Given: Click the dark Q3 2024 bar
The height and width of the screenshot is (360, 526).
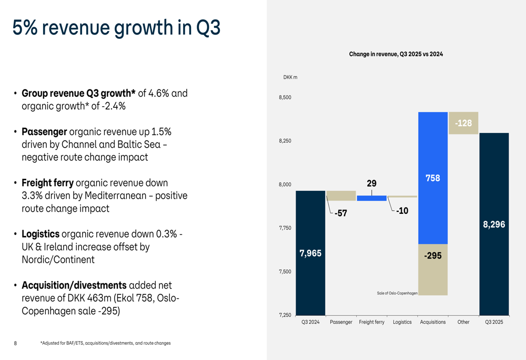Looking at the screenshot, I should click(310, 252).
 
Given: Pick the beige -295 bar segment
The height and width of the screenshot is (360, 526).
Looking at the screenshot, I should click(433, 270).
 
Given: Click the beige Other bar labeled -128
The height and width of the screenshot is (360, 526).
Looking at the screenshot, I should click(463, 123).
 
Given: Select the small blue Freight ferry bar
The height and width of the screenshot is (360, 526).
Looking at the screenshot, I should click(371, 198).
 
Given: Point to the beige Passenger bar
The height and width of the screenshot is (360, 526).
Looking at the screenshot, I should click(341, 196).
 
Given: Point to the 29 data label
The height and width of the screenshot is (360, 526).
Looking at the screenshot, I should click(371, 183).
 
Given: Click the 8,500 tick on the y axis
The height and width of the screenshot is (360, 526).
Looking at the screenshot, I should click(285, 98).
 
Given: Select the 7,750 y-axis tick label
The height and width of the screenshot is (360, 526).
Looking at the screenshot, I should click(285, 228).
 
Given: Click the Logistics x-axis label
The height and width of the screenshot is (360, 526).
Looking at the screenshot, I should click(402, 322).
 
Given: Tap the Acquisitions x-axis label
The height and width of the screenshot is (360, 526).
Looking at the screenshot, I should click(433, 322).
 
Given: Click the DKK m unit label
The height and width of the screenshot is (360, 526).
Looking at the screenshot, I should click(290, 78).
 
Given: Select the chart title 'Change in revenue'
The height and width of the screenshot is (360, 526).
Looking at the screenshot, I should click(396, 54).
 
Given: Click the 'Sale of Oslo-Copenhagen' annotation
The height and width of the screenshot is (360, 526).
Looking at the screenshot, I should click(397, 293).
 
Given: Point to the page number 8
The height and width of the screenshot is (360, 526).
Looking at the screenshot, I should click(15, 343).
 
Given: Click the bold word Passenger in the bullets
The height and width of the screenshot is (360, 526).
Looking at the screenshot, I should click(44, 131).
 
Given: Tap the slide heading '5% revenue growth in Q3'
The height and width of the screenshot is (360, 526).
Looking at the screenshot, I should click(116, 27).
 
